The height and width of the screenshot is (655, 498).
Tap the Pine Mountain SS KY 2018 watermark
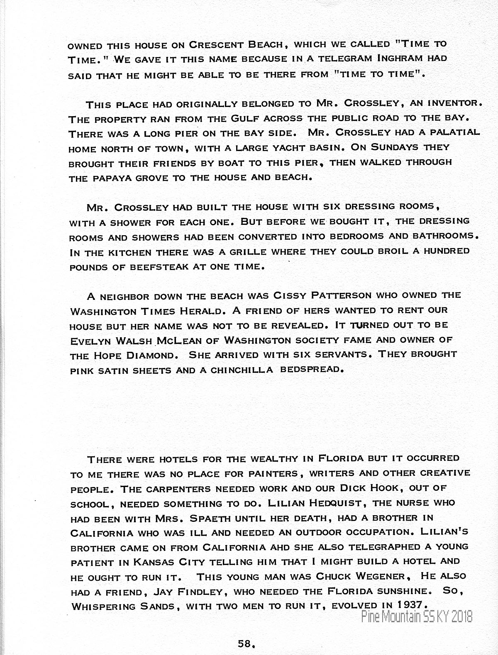417,617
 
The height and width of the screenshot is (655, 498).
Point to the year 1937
411,604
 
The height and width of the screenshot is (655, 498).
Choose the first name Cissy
290,295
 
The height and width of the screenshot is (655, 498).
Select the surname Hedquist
336,503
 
